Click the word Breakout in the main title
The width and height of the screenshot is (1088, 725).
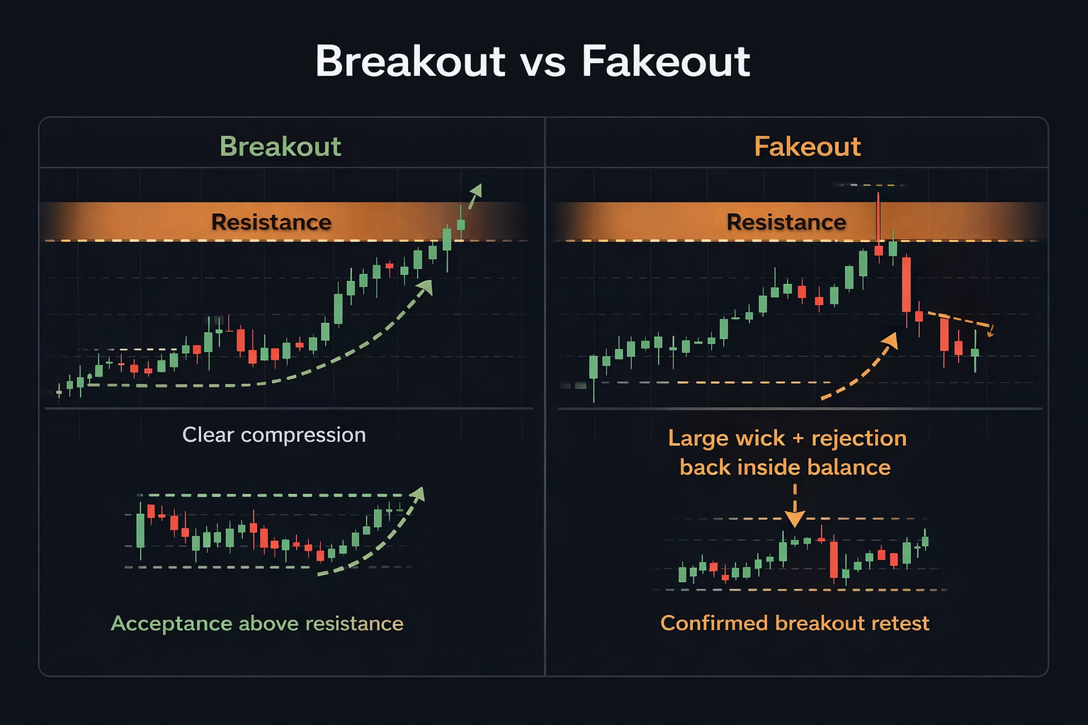click(x=410, y=62)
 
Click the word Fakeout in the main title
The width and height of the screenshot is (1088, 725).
click(x=665, y=62)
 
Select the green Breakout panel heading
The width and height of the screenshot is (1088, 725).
click(x=280, y=147)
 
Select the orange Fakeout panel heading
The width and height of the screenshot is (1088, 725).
click(x=807, y=147)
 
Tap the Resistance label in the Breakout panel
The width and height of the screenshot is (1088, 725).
click(x=271, y=222)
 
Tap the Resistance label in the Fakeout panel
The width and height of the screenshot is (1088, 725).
click(x=786, y=222)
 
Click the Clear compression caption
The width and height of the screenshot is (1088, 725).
click(x=273, y=435)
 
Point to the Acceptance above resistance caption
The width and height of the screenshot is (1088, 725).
click(x=257, y=623)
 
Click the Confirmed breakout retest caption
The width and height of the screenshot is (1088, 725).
click(x=794, y=623)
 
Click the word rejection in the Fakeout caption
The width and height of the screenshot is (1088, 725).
click(x=858, y=438)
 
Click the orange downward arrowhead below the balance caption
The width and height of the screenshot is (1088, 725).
click(x=795, y=520)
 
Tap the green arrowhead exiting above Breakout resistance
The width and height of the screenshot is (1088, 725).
click(x=476, y=190)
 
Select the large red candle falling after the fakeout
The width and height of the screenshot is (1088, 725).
click(x=906, y=285)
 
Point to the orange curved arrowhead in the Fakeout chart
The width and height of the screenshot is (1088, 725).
click(x=890, y=340)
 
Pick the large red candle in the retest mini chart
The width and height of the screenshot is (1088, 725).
click(x=834, y=560)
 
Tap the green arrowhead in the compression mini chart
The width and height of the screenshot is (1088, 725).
click(x=418, y=493)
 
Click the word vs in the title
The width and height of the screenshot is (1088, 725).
click(x=543, y=62)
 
